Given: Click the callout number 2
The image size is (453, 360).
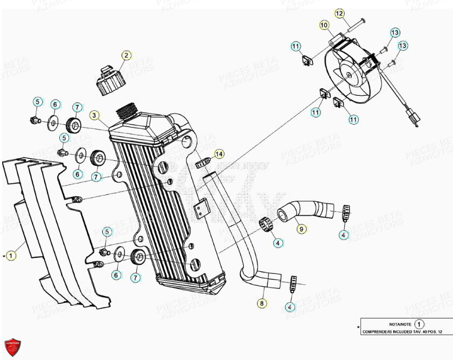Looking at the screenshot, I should pyautogui.click(x=126, y=55).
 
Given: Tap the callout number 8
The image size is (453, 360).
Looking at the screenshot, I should pyautogui.click(x=262, y=303).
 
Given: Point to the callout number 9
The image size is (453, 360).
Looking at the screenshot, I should pyautogui.click(x=301, y=229).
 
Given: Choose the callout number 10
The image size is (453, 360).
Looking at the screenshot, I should pyautogui.click(x=324, y=25).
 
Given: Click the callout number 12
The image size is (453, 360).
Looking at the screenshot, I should pyautogui.click(x=339, y=13).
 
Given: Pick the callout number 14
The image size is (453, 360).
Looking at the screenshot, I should pyautogui.click(x=218, y=154).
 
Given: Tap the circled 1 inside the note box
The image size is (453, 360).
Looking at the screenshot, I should pyautogui.click(x=421, y=325).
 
